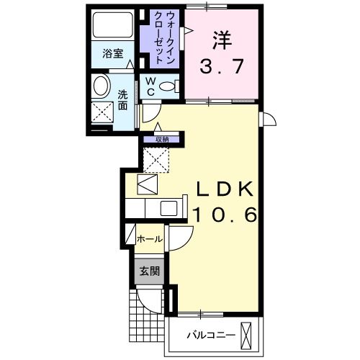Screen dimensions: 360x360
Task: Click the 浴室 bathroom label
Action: tap(113, 53)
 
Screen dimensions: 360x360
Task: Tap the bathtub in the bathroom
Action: tap(113, 24)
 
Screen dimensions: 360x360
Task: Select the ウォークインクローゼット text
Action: tap(164, 37)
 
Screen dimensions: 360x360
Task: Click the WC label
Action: tap(150, 87)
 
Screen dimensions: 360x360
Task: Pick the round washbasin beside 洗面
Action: tap(102, 86)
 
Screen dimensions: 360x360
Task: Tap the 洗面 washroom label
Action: tap(122, 100)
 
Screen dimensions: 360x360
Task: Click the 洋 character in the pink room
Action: tap(222, 40)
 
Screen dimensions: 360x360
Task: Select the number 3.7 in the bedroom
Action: tap(222, 66)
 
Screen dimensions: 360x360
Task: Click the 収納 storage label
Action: tap(162, 139)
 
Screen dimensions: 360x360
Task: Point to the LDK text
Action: tap(225, 189)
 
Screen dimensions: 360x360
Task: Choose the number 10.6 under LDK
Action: tap(225, 214)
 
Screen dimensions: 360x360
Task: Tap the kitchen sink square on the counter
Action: tap(168, 208)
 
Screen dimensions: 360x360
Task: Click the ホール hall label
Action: tap(150, 239)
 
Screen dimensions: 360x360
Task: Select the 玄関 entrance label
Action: tap(150, 271)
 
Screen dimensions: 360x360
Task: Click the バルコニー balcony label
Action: tap(211, 335)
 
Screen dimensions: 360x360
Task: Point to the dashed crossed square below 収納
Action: tap(156, 160)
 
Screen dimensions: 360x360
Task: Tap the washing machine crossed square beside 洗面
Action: tap(102, 112)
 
